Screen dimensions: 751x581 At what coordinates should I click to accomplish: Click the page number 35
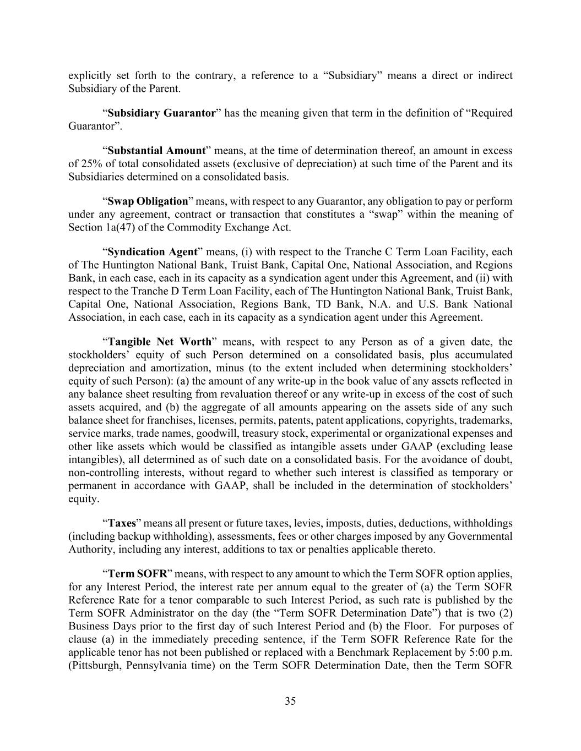click(x=290, y=701)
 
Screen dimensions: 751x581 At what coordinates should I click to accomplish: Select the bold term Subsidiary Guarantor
click(x=161, y=113)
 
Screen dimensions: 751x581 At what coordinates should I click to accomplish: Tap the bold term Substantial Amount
click(x=156, y=151)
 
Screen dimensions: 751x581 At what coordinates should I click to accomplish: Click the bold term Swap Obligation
click(x=148, y=201)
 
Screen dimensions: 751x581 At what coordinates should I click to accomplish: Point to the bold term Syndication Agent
click(x=153, y=252)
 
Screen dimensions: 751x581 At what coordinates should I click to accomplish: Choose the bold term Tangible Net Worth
click(x=160, y=342)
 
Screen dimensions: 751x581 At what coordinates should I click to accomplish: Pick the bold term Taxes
click(x=122, y=523)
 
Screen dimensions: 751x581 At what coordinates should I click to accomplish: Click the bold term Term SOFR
click(x=137, y=574)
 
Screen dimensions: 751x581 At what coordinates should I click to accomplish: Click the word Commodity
click(x=189, y=228)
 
